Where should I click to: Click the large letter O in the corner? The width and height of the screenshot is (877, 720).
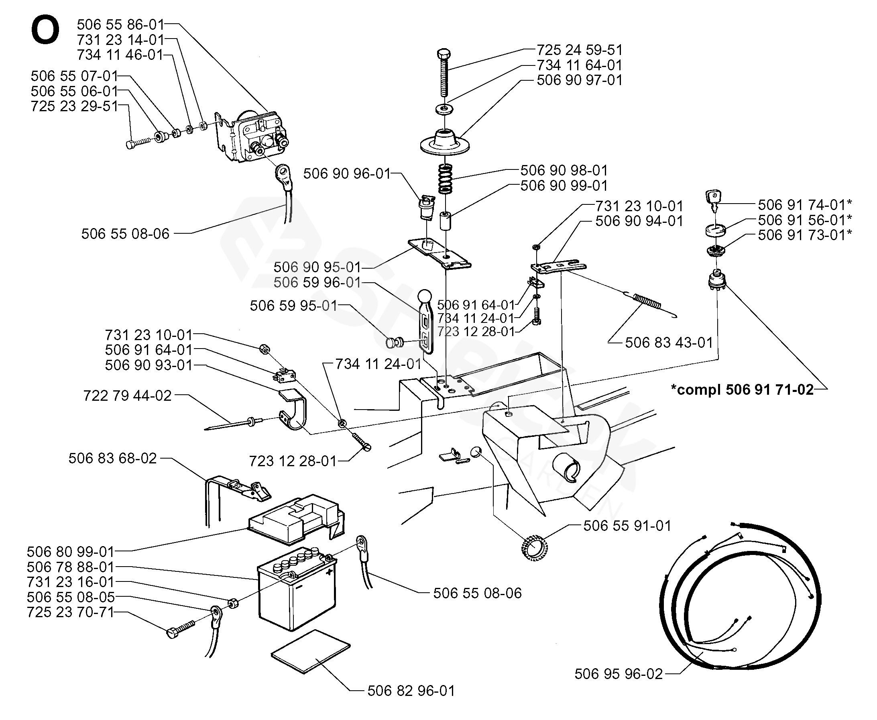tap(45, 30)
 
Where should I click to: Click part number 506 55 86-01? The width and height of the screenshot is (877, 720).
tap(120, 24)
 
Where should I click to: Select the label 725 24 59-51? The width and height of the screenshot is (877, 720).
tap(580, 50)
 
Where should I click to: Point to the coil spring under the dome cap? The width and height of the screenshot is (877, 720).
tap(446, 178)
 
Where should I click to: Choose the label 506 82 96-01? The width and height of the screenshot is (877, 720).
tap(411, 691)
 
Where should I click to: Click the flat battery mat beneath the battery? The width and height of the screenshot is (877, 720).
tap(310, 651)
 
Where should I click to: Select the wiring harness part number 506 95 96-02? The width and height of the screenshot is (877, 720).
tap(619, 673)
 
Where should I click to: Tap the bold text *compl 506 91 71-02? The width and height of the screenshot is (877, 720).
tap(742, 390)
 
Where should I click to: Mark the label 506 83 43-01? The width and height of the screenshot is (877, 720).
tap(669, 343)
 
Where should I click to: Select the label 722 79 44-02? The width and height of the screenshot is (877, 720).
tap(127, 396)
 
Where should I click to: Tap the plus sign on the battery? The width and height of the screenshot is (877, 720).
tap(330, 571)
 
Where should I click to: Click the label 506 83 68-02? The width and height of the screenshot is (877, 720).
tap(113, 458)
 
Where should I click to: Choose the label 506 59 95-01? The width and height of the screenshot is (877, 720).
tap(293, 306)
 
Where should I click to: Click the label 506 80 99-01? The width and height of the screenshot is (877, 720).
tap(71, 552)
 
